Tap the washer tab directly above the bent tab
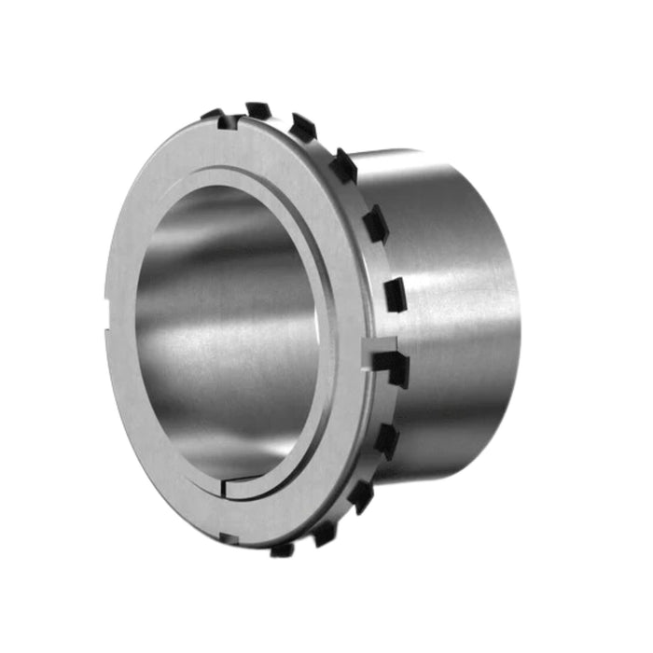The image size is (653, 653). coord(395,294)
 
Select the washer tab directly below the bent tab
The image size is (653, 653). coord(385,439)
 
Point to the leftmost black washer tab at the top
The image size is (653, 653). coord(214,115)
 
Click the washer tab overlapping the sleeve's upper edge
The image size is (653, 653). coord(343,165)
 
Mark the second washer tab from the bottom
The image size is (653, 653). coord(324,533)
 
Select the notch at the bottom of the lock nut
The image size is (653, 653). coord(227,536)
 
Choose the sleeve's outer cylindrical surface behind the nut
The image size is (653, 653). coord(448,308)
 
